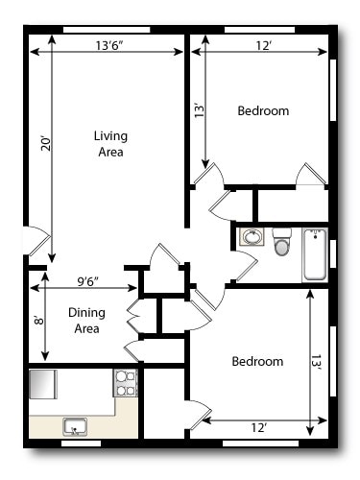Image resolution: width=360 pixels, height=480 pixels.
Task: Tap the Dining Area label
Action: pyautogui.click(x=86, y=320)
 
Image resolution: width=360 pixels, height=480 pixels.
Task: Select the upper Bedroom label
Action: pyautogui.click(x=262, y=111)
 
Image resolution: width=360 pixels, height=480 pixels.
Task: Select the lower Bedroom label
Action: pyautogui.click(x=257, y=362)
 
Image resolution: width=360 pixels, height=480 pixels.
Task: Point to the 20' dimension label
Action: pyautogui.click(x=44, y=144)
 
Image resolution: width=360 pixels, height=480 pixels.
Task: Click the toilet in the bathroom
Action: pyautogui.click(x=281, y=242)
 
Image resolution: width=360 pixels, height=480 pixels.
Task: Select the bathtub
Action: pyautogui.click(x=315, y=254)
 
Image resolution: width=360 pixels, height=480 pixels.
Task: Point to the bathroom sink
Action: pyautogui.click(x=251, y=237)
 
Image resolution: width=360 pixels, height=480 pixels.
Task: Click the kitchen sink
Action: pyautogui.click(x=74, y=426)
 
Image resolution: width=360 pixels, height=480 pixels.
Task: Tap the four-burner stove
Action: pyautogui.click(x=126, y=383)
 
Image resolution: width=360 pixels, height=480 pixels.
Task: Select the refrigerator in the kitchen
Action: pyautogui.click(x=44, y=384)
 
